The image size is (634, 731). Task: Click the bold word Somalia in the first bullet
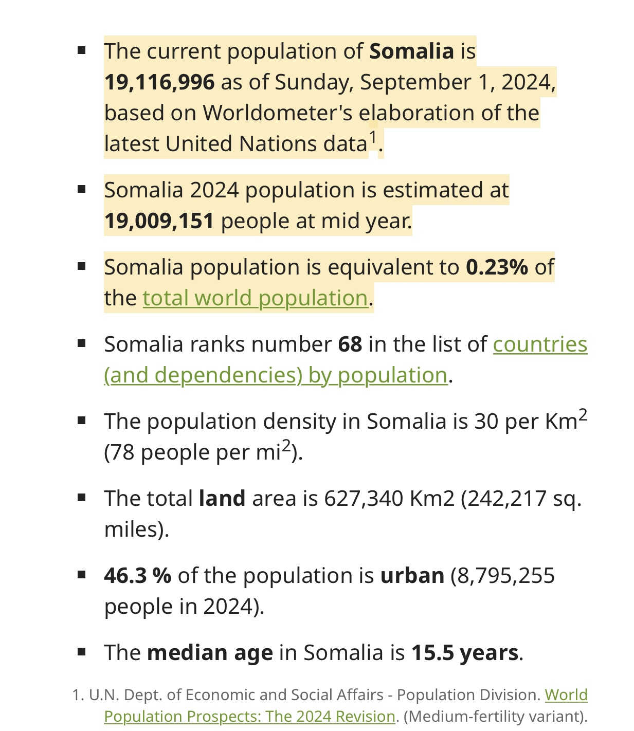point(411,51)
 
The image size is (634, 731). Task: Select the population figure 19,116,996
point(159,82)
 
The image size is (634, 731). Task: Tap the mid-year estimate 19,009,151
point(159,221)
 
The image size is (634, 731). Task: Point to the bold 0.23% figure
point(497,267)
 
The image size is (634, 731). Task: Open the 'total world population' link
point(255,298)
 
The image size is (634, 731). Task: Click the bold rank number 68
point(350,344)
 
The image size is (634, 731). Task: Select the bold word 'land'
point(222,499)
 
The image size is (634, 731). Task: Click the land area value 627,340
point(363,499)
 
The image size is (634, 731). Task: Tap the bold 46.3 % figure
point(138,576)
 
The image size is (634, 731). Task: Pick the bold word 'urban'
point(412,576)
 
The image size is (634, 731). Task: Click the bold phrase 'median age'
point(210,653)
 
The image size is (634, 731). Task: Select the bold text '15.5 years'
point(465,653)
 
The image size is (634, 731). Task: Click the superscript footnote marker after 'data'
point(373,138)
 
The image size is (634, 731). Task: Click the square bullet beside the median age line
point(81,652)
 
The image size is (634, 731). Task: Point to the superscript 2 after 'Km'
point(583,415)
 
